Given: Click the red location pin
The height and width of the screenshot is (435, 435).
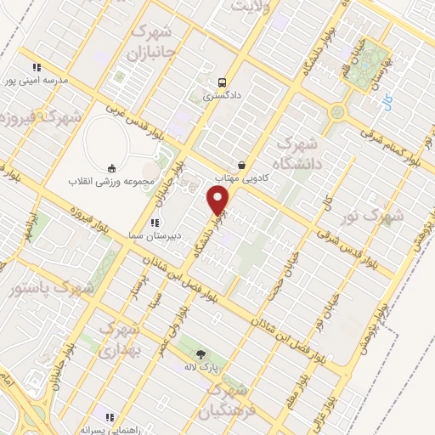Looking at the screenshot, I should pos(219,201).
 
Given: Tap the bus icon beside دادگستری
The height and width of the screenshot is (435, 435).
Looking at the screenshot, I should pos(222,82).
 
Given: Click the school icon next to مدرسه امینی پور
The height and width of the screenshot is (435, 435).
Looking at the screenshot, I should pos(37,67).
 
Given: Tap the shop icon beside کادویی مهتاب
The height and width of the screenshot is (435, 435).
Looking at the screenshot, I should pos(242,165).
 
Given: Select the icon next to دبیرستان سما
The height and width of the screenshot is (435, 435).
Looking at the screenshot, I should pos(155,223).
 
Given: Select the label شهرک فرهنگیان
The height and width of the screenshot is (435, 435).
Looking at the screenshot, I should pos(230,402).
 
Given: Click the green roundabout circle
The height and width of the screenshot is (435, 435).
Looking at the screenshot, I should pos(338,111).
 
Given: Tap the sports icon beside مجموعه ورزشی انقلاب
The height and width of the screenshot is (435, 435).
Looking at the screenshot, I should pos(110,168).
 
